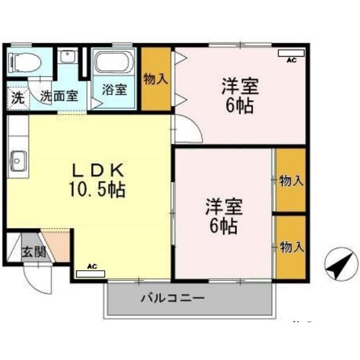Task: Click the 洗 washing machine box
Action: point(18,97)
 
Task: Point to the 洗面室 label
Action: point(58,96)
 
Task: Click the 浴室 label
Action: point(114,90)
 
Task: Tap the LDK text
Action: point(97,170)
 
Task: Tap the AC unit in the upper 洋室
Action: point(291,54)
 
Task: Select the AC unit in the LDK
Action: point(90,273)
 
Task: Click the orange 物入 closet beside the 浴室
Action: point(156,79)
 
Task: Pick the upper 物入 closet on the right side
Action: point(291,180)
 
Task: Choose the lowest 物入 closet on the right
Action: point(291,247)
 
